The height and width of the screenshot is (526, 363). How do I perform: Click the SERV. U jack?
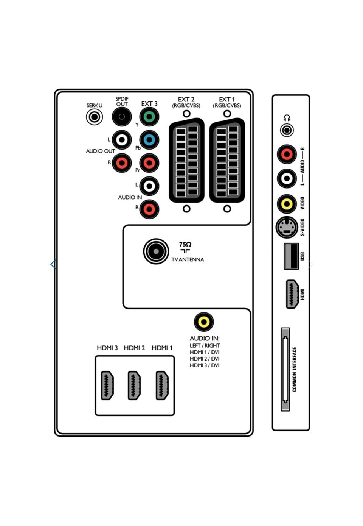click(95, 117)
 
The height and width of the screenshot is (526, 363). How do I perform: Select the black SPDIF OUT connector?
click(122, 117)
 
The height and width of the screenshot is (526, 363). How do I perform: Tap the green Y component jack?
click(149, 117)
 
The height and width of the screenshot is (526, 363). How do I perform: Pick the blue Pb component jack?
click(149, 140)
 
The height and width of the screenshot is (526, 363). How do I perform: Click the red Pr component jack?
click(149, 163)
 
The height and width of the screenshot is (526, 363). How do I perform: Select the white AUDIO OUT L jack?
click(122, 140)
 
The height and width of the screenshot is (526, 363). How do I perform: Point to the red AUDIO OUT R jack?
click(122, 163)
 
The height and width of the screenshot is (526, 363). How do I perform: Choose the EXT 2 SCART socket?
click(186, 161)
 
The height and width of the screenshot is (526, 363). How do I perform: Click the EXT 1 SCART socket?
click(227, 161)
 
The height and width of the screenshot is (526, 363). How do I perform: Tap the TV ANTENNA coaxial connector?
click(156, 251)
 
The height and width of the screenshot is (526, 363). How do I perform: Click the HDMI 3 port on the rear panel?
click(108, 386)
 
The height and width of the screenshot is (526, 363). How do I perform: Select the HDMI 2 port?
click(134, 386)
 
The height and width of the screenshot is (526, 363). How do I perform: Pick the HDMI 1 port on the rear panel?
click(163, 386)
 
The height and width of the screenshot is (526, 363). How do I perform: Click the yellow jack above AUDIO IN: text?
click(204, 322)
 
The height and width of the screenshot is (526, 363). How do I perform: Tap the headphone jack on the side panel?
click(287, 131)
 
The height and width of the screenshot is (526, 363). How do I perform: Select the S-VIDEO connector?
click(287, 227)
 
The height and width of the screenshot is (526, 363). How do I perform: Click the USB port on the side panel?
click(291, 256)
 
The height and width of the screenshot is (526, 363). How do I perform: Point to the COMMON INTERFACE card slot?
click(285, 370)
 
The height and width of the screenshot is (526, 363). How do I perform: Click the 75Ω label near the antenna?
click(185, 244)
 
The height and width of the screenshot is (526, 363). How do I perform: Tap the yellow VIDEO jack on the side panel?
click(287, 204)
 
